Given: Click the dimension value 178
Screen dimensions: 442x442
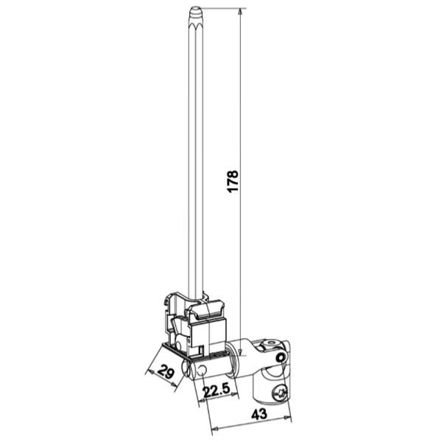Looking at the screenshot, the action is coord(233,181).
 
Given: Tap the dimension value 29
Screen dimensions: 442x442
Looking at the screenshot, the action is coord(166,372).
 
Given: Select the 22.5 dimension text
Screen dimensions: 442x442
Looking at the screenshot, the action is coord(217,390).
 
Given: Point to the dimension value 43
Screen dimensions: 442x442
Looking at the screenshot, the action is coord(259,414).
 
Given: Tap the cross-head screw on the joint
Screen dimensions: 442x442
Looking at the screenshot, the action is coord(280,393).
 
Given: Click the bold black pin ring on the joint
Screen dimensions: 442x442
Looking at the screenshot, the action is coord(281,358).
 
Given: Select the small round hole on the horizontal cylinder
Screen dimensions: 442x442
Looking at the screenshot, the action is coord(202,371).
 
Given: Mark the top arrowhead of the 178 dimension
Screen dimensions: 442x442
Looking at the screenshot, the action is coord(239,12).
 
